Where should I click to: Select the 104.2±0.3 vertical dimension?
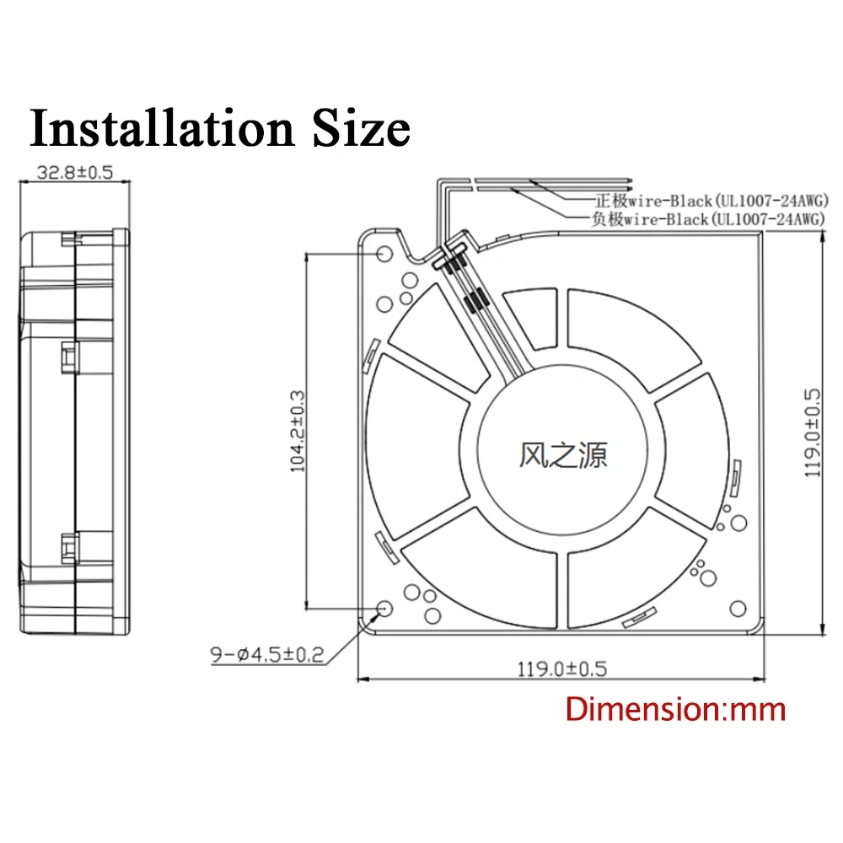click(298, 430)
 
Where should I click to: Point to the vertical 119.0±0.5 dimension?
click(812, 433)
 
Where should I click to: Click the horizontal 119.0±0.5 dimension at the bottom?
click(561, 668)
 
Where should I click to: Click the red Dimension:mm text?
click(675, 708)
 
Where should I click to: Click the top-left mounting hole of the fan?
click(384, 254)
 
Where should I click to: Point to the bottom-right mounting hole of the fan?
click(738, 608)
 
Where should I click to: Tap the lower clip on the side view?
click(68, 549)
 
